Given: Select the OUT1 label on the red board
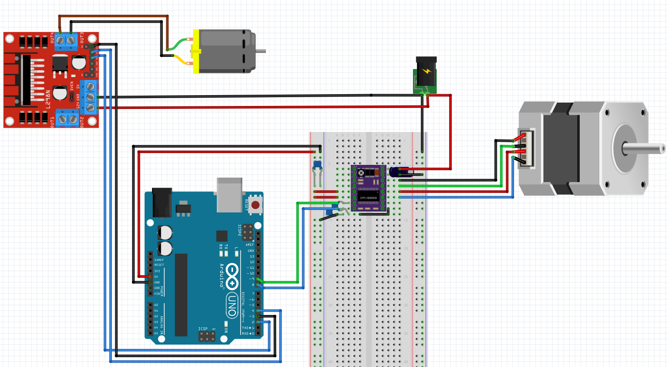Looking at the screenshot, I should (52, 120).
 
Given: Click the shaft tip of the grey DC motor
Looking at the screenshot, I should (263, 50).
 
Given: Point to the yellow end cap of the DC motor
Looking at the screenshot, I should (196, 51).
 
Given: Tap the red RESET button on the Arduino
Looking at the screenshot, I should (255, 204).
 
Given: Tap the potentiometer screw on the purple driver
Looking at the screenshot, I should (361, 173).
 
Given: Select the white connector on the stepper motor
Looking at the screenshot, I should (526, 149).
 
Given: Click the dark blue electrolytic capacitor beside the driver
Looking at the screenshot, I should (394, 172).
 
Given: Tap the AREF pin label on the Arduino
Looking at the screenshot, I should (250, 244).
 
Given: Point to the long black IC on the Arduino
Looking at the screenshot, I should (181, 295).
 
